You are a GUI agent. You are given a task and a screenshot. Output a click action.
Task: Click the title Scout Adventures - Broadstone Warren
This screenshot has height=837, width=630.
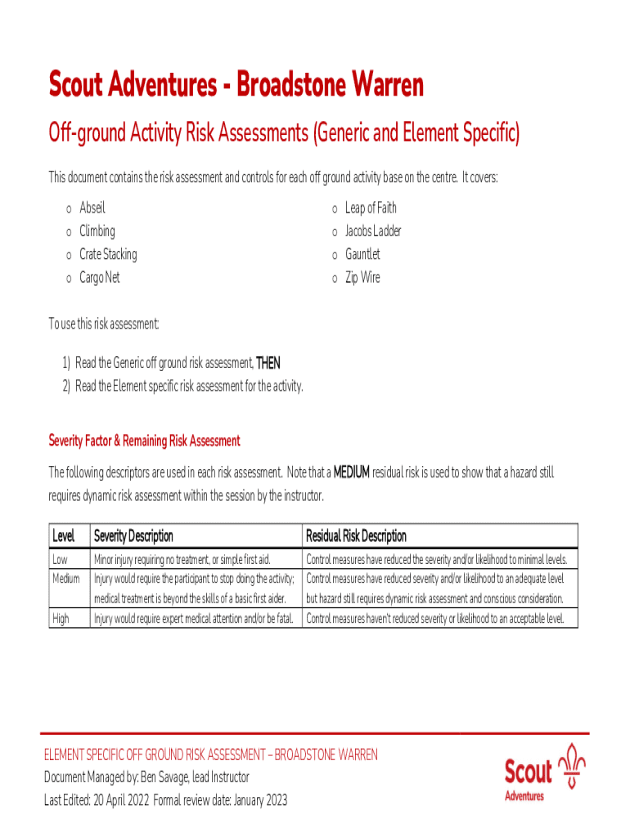click(x=236, y=85)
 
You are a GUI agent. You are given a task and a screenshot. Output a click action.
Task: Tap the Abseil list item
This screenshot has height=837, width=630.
click(x=92, y=208)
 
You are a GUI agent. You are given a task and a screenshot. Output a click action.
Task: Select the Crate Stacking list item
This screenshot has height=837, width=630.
click(x=108, y=254)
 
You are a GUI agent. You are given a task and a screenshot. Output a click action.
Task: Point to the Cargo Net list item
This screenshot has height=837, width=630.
click(x=99, y=278)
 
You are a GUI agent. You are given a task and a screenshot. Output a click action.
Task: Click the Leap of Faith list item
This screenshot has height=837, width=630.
click(x=371, y=208)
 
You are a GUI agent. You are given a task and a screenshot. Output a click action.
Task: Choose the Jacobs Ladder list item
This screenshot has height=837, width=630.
click(x=373, y=231)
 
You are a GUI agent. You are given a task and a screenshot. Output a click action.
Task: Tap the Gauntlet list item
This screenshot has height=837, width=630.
click(x=362, y=254)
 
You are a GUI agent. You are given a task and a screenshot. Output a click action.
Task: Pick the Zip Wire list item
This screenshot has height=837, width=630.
click(x=362, y=278)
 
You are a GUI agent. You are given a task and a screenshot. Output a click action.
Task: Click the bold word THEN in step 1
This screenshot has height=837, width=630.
click(x=268, y=363)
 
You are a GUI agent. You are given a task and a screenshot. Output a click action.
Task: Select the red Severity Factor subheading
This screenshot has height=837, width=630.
click(x=144, y=441)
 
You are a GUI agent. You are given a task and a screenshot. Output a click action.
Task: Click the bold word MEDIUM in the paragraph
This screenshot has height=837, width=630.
click(x=352, y=472)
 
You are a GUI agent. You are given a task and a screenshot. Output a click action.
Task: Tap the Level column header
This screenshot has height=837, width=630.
click(x=64, y=536)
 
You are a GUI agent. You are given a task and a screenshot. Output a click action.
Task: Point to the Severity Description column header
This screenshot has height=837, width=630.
click(x=133, y=536)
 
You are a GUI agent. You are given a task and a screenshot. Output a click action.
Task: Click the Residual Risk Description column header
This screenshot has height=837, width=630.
click(x=356, y=536)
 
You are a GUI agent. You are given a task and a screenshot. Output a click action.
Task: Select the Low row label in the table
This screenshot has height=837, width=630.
click(x=61, y=560)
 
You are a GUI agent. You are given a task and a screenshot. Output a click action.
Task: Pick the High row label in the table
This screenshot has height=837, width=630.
click(x=61, y=619)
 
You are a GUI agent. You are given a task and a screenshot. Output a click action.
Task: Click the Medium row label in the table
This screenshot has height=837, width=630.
click(x=66, y=580)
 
